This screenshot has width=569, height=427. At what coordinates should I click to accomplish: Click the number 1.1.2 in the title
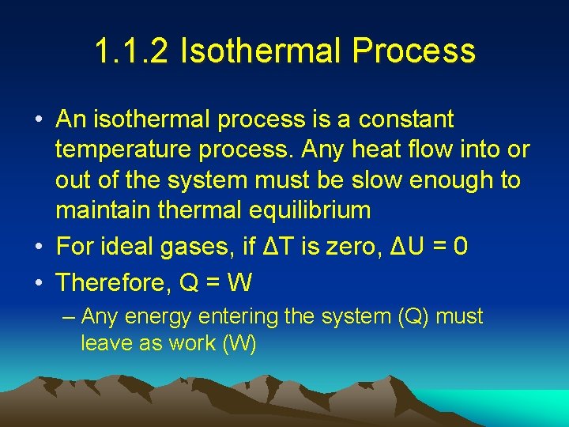[131, 51]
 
